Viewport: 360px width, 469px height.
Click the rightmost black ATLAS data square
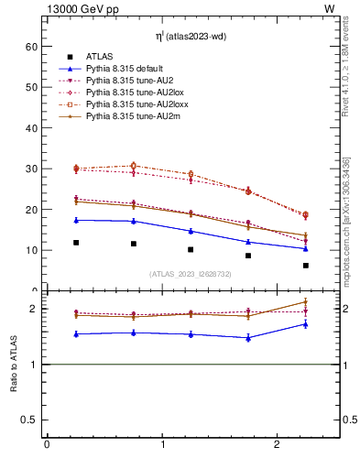tap(306, 266)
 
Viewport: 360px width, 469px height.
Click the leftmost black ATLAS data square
tap(76, 243)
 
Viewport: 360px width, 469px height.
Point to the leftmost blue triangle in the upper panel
tap(76, 220)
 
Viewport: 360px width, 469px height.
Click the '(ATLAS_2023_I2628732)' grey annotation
tap(191, 274)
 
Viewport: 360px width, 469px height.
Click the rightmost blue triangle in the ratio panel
tap(306, 323)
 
